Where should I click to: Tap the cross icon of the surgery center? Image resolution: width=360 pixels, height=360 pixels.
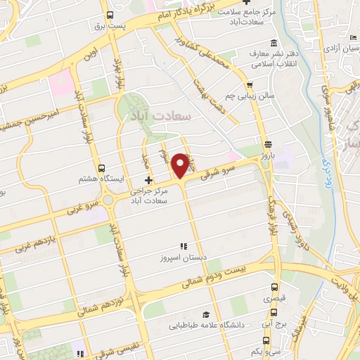pos(148,181)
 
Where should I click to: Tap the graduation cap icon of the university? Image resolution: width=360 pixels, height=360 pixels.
pos(205,314)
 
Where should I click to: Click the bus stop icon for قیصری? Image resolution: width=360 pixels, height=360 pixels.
pos(275,287)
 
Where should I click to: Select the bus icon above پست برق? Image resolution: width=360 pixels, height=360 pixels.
pos(110,14)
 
